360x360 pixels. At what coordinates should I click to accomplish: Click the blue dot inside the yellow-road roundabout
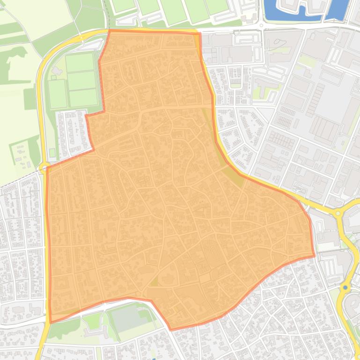pyautogui.click(x=345, y=288)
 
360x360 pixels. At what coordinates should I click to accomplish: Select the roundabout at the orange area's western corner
pyautogui.click(x=45, y=167)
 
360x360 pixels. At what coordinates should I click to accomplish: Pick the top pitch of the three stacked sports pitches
pyautogui.click(x=79, y=62)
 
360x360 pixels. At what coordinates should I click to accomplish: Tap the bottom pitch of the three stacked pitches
pyautogui.click(x=83, y=98)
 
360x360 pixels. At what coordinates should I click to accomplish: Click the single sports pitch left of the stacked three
pyautogui.click(x=58, y=94)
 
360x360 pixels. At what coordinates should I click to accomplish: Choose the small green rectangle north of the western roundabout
pyautogui.click(x=51, y=152)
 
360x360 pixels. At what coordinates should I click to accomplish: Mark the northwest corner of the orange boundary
pyautogui.click(x=110, y=31)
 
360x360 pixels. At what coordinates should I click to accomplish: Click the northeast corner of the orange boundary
pyautogui.click(x=198, y=33)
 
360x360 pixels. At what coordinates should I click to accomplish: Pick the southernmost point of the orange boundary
pyautogui.click(x=171, y=330)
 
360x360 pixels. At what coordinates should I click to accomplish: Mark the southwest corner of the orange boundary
pyautogui.click(x=51, y=322)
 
